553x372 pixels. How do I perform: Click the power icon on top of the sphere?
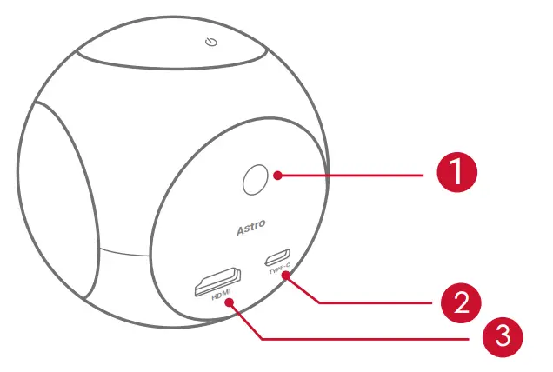tap(209, 43)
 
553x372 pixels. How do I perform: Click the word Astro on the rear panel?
tap(253, 230)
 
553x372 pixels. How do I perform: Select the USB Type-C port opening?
tap(279, 256)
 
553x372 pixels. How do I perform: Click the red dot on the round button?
tap(277, 175)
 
